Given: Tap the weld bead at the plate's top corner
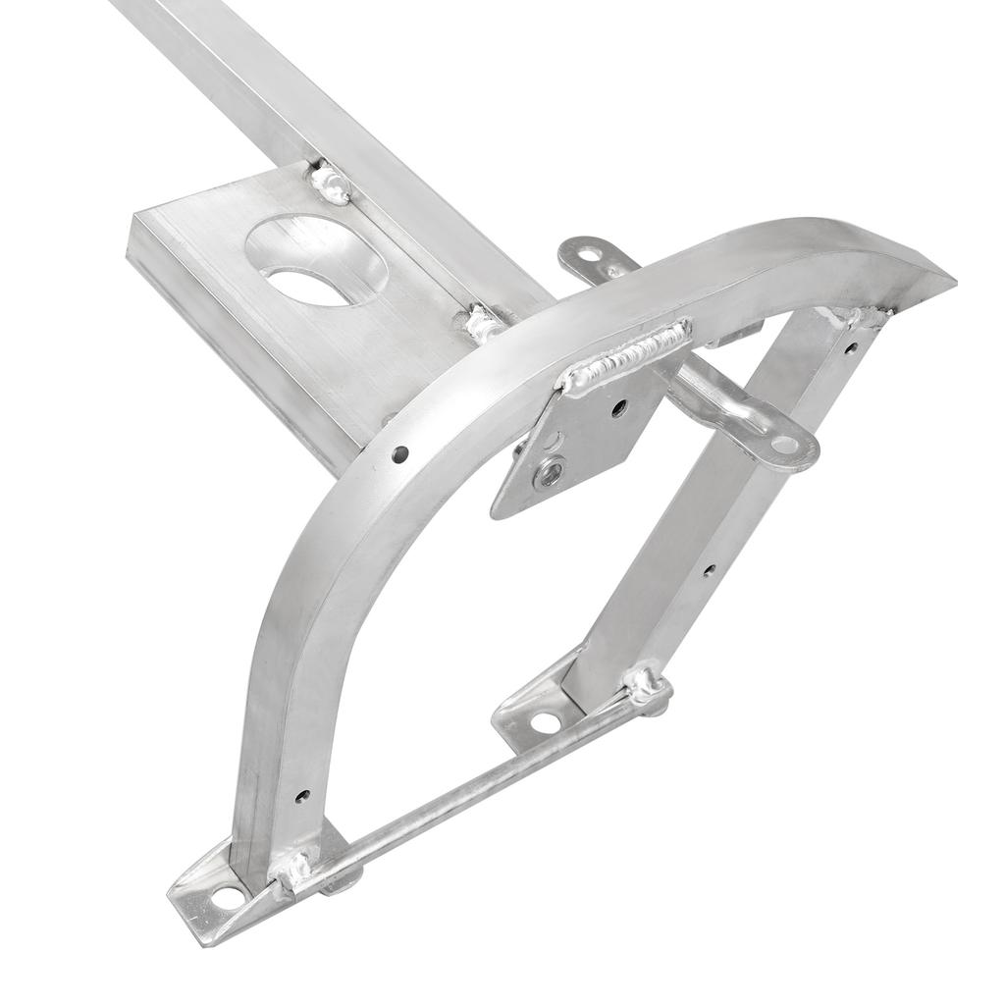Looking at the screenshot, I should pyautogui.click(x=331, y=184).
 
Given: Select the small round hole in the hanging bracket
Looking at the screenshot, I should pyautogui.click(x=618, y=406).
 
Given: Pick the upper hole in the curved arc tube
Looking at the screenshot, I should pyautogui.click(x=400, y=453).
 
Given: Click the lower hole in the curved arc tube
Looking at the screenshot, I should pyautogui.click(x=301, y=795).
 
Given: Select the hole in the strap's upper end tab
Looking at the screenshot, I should pyautogui.click(x=589, y=255).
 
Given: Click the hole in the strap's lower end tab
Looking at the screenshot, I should pyautogui.click(x=786, y=446).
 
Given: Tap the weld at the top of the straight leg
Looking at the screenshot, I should pyautogui.click(x=854, y=317).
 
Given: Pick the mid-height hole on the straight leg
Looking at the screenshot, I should pyautogui.click(x=708, y=568).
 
